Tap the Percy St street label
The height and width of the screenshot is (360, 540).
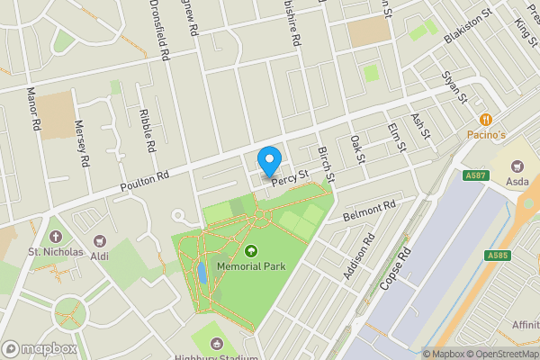tap(290, 176)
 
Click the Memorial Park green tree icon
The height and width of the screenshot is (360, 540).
tap(250, 252)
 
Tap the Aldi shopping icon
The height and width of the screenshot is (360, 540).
tap(99, 240)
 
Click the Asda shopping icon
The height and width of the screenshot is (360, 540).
tap(517, 166)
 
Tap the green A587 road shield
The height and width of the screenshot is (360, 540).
tap(477, 175)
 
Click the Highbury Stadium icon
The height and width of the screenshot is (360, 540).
tap(216, 343)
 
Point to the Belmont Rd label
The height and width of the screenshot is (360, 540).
tap(370, 211)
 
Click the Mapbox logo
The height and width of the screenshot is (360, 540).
tap(38, 348)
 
